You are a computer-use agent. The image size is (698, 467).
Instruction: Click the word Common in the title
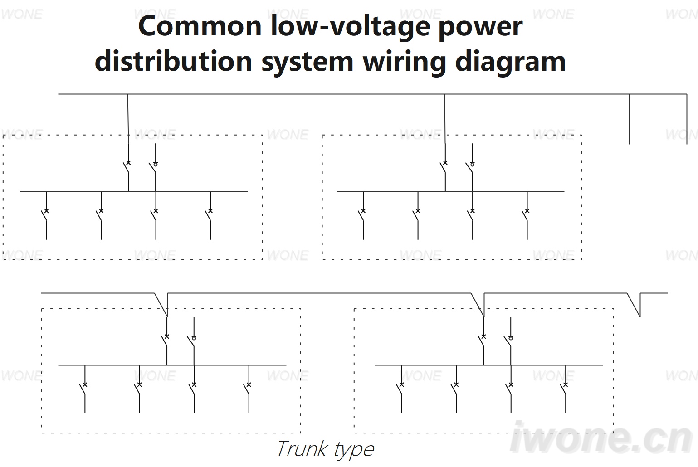200,26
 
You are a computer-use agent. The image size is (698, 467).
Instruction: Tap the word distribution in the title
173,61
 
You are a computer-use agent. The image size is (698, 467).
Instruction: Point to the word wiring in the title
405,62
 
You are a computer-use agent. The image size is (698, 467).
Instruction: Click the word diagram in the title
510,62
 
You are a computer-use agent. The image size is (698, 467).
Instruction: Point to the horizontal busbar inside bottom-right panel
488,365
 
